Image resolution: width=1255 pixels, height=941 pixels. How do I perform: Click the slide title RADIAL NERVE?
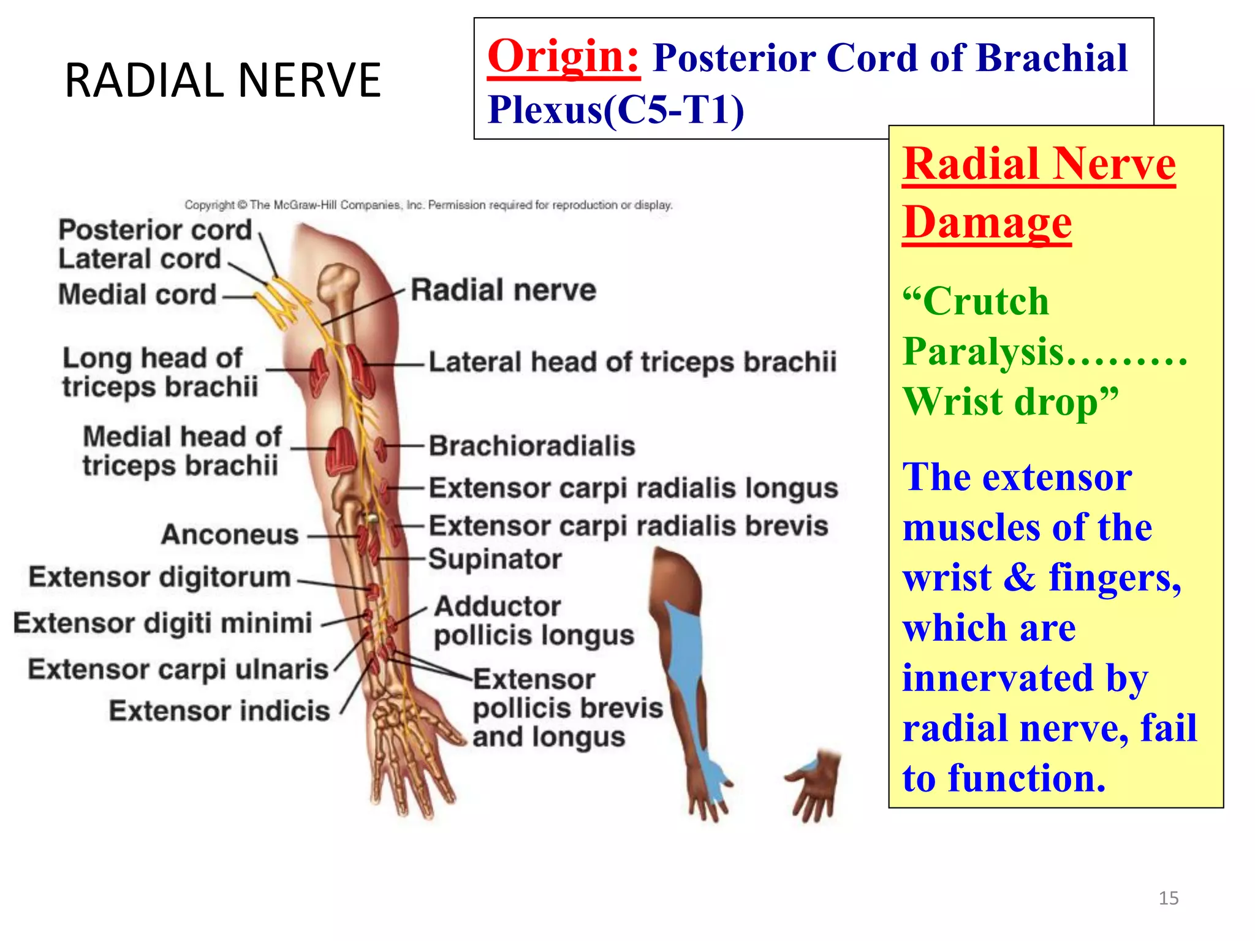222,80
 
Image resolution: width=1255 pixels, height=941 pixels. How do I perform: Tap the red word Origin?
563,56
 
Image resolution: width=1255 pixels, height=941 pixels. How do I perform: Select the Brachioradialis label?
531,445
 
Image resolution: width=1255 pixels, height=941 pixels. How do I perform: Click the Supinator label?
495,559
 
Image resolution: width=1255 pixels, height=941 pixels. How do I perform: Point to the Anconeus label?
230,534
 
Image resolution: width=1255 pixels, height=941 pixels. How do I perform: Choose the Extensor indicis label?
219,711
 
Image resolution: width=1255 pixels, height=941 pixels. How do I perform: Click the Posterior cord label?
155,230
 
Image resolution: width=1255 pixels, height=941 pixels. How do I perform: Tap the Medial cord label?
137,295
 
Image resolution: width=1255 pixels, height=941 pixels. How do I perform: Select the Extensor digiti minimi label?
163,623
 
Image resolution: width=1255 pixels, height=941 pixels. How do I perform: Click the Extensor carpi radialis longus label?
633,488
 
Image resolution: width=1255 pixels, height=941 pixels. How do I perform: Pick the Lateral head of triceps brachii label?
632,361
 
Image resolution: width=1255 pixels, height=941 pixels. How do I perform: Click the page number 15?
1168,898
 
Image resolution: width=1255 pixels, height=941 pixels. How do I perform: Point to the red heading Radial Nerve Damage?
1038,192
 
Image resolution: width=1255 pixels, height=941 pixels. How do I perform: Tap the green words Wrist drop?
1009,402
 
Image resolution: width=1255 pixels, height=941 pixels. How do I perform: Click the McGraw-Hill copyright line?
428,205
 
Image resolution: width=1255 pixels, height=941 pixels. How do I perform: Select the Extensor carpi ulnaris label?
178,669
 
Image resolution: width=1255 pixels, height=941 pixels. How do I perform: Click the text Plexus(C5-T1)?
615,110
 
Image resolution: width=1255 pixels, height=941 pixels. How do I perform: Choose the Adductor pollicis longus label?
533,621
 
